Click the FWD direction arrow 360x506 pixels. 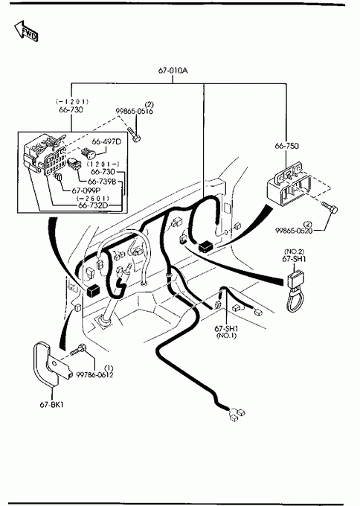(25, 31)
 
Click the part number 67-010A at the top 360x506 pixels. (173, 71)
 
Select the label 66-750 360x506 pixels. (286, 146)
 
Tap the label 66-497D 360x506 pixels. (107, 141)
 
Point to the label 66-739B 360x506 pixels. (102, 182)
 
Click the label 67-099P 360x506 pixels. (86, 190)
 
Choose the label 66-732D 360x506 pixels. (93, 205)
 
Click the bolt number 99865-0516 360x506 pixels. (134, 112)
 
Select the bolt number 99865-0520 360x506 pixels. (294, 231)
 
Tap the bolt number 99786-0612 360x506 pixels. (95, 374)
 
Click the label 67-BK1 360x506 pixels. (51, 404)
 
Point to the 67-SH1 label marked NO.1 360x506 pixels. (226, 329)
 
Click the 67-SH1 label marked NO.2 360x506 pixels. (294, 259)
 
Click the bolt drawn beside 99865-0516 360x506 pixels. (134, 135)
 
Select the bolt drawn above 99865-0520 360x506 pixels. (330, 207)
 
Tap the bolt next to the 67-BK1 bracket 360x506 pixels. (77, 349)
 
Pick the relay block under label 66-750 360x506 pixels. (289, 187)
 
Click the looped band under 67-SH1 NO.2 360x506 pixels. (295, 300)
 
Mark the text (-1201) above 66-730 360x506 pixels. (72, 102)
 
